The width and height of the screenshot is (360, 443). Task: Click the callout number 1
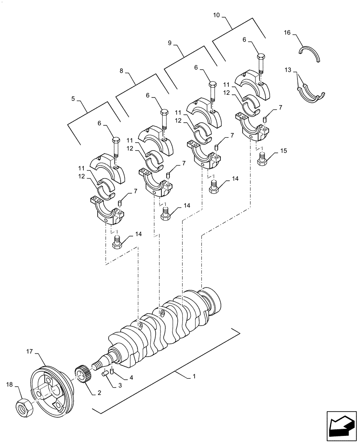coord(194,377)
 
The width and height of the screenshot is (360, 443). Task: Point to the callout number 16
coord(287,33)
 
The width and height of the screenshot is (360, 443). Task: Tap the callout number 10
coord(216,15)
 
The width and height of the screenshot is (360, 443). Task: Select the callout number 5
coord(73,99)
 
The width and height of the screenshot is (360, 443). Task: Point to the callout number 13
coord(287,70)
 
